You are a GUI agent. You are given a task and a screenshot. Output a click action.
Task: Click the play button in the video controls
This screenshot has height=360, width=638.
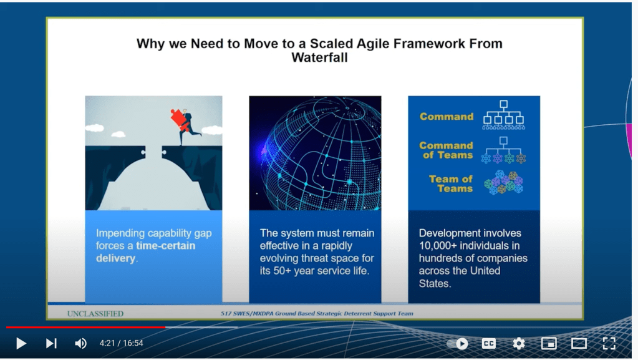(x=21, y=343)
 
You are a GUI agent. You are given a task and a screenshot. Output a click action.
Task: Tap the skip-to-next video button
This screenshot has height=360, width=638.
(x=51, y=343)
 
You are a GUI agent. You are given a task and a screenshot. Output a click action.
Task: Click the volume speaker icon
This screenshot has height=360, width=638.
(x=80, y=343)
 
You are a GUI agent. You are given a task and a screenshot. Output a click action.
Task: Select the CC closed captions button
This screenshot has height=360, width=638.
(x=489, y=343)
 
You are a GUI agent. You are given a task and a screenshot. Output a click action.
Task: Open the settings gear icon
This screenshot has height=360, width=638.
(x=519, y=343)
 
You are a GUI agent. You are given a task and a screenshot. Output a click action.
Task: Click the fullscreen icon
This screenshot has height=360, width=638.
(x=609, y=343)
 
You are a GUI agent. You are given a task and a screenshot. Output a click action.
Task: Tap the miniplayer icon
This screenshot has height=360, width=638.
(x=549, y=343)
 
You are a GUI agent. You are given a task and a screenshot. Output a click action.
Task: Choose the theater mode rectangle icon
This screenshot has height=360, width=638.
(x=579, y=343)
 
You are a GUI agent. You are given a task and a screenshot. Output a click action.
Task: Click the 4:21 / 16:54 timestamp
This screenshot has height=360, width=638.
(x=121, y=343)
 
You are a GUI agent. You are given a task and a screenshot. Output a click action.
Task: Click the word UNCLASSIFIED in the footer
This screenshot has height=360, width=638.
(x=95, y=314)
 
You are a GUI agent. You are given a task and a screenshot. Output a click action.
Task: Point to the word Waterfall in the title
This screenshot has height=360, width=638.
(x=319, y=57)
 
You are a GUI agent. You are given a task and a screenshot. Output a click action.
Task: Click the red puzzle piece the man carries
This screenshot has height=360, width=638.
(x=179, y=119)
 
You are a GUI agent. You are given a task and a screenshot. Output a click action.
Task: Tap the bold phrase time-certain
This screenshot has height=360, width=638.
(x=166, y=246)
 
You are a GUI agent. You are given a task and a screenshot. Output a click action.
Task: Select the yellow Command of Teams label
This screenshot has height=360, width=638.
(x=447, y=150)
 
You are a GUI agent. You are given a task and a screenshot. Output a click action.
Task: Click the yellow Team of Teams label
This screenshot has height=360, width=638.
(x=451, y=183)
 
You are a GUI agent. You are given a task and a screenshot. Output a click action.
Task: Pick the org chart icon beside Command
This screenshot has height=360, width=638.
(x=504, y=115)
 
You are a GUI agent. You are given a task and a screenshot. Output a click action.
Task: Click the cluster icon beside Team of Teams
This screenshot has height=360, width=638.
(x=504, y=183)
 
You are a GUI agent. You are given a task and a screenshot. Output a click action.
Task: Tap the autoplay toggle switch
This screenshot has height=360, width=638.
(x=458, y=344)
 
